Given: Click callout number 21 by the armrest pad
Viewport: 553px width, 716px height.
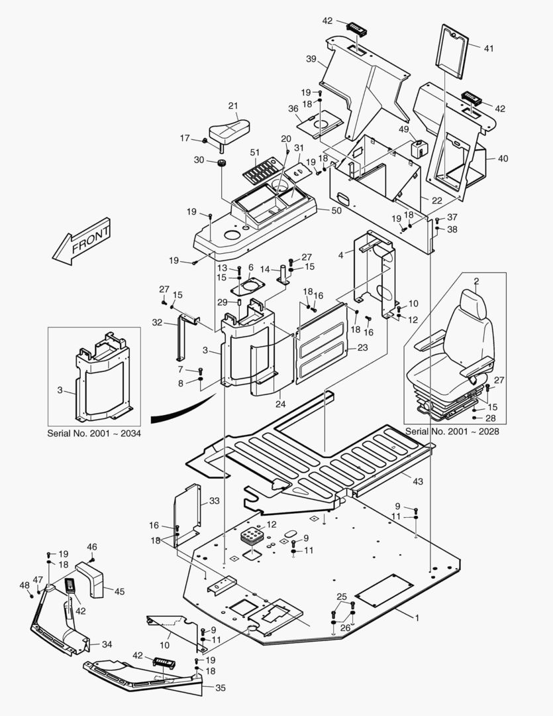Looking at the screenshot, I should point(233,105).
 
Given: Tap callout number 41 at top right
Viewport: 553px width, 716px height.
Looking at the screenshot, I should point(489,48).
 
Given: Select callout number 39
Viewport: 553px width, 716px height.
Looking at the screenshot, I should point(311,58).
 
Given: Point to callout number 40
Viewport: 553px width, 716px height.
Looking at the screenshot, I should point(503,158).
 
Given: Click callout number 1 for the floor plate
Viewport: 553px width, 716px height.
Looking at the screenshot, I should point(417,618).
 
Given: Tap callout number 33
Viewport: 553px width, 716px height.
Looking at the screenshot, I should point(214,501).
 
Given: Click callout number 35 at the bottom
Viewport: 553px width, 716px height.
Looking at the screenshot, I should point(221,688).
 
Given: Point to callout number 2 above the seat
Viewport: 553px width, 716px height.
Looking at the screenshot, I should point(476,281).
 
